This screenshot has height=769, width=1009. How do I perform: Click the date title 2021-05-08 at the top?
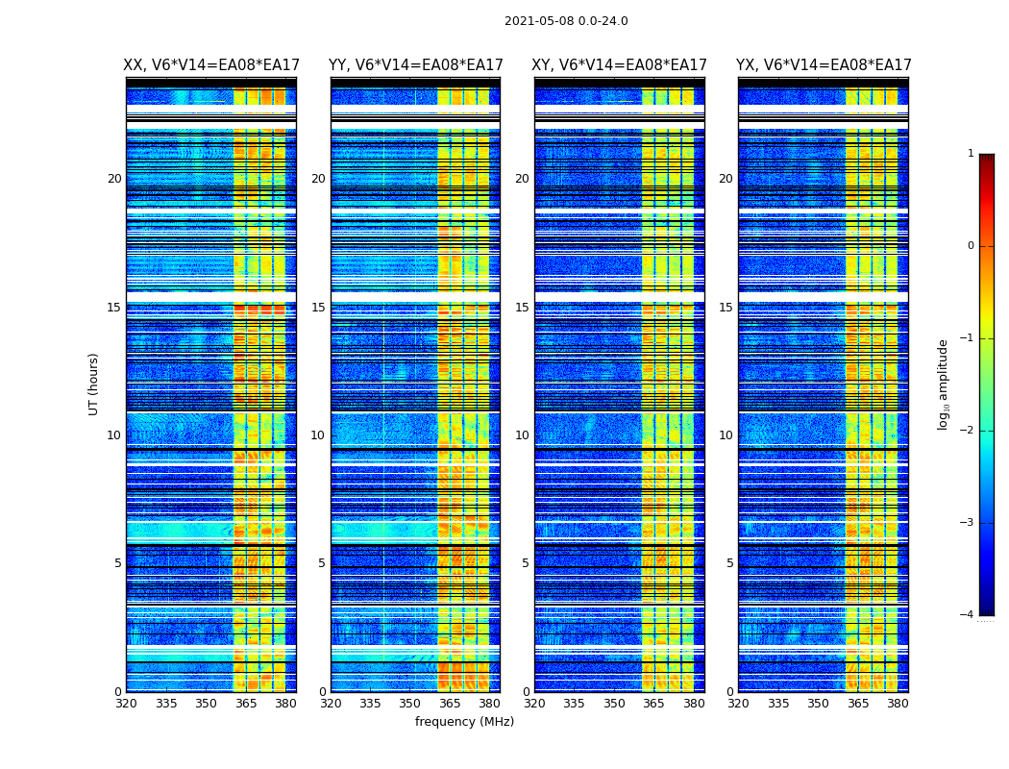click(566, 21)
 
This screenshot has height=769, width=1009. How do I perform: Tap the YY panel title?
click(415, 65)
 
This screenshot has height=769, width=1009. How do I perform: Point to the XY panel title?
click(619, 65)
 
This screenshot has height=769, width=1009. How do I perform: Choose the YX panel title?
click(824, 65)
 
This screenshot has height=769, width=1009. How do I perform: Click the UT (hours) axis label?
click(94, 384)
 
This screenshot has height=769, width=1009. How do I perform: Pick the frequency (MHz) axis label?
click(464, 722)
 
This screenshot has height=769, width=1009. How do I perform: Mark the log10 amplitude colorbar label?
click(944, 384)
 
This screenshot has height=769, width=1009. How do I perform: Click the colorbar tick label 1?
click(971, 154)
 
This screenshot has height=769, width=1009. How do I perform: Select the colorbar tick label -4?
click(968, 615)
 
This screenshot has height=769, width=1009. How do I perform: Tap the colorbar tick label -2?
click(968, 431)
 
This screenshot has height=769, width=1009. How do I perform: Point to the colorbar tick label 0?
click(971, 246)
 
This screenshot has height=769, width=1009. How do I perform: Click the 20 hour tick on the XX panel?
click(114, 179)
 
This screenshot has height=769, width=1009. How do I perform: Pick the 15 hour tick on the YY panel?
click(318, 308)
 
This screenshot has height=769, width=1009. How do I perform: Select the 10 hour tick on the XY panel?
click(522, 435)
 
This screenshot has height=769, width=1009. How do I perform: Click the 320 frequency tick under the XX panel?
click(126, 704)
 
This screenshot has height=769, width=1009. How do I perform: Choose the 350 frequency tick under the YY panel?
click(410, 704)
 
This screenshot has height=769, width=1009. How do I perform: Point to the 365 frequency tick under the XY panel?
click(653, 704)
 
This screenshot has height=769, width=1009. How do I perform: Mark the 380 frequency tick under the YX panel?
click(898, 704)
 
